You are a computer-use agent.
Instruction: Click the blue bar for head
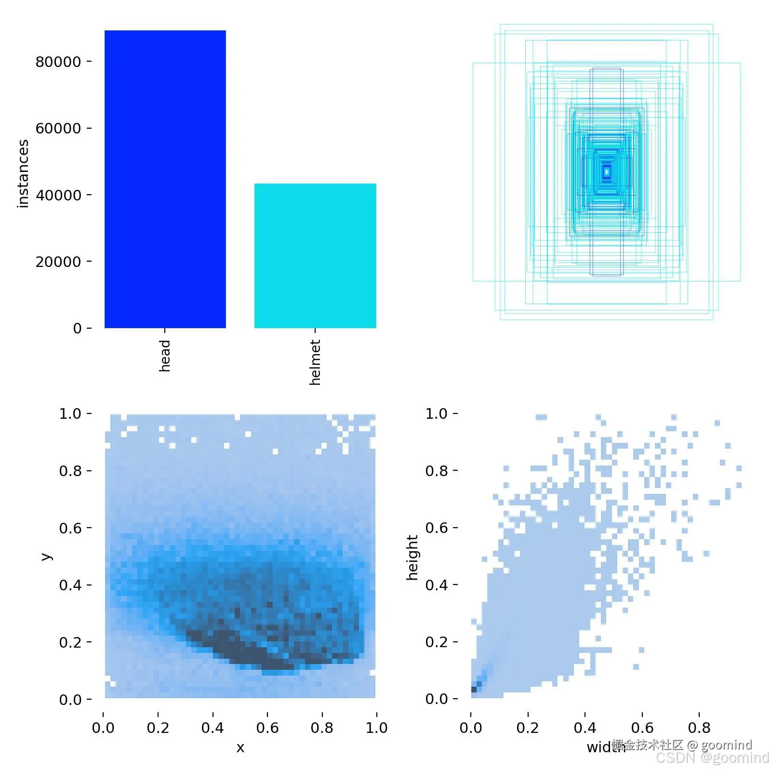tap(165, 179)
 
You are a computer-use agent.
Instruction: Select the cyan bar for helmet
tap(315, 255)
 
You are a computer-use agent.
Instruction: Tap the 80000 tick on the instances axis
tap(58, 62)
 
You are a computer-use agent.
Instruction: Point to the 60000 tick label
tap(58, 128)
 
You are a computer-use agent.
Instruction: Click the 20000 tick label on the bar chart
tap(58, 262)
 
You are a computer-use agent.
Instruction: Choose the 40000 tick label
tap(58, 195)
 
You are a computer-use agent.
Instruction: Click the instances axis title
tap(23, 173)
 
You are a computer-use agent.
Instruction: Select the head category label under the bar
tap(165, 356)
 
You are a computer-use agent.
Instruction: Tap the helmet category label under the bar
tap(315, 362)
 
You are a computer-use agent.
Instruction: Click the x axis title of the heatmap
tap(240, 747)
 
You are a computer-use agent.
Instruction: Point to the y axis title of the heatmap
tap(46, 557)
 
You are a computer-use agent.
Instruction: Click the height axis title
tap(412, 557)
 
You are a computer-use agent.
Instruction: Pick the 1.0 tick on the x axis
tap(376, 727)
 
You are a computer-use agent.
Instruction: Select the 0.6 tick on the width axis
tap(642, 727)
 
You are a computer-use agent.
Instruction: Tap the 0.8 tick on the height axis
tap(437, 471)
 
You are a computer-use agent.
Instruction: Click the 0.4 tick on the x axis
tap(213, 727)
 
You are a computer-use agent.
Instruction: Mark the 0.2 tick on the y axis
tap(70, 642)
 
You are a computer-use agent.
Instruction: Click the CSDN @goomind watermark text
tap(712, 758)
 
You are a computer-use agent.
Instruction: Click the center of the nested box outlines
tap(607, 172)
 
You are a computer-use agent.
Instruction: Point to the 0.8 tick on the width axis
tap(699, 727)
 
